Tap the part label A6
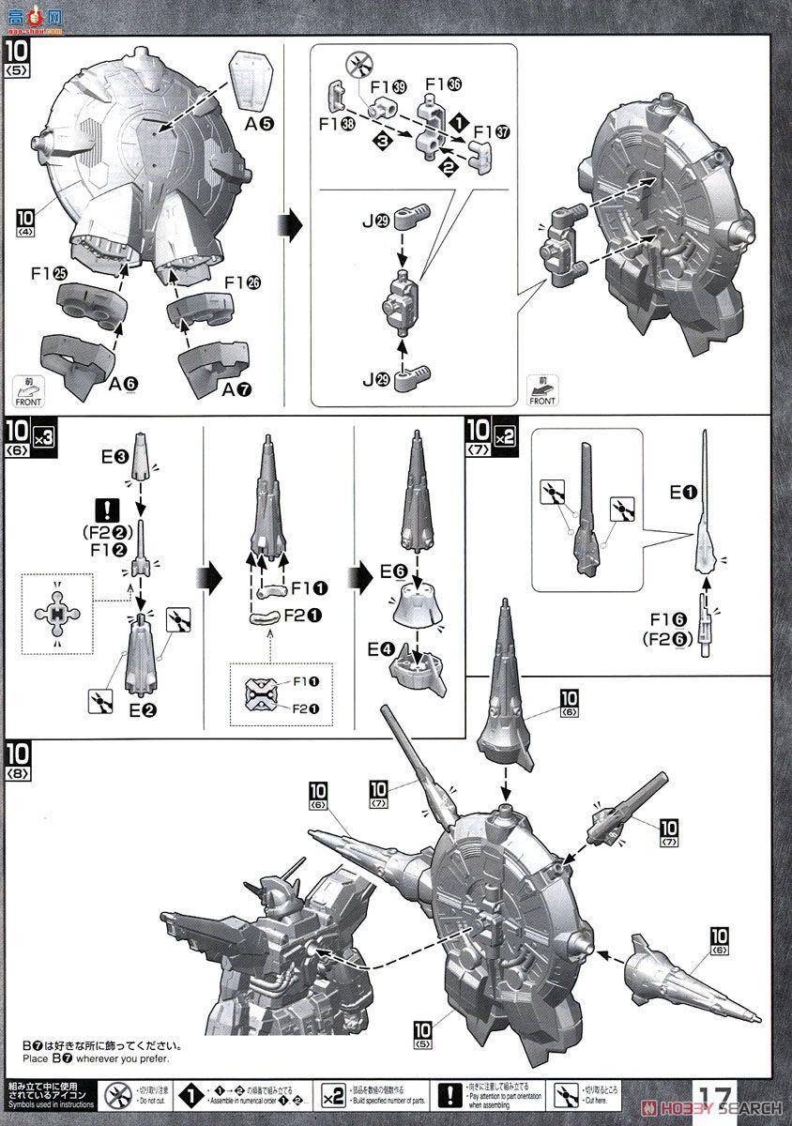click(x=123, y=384)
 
